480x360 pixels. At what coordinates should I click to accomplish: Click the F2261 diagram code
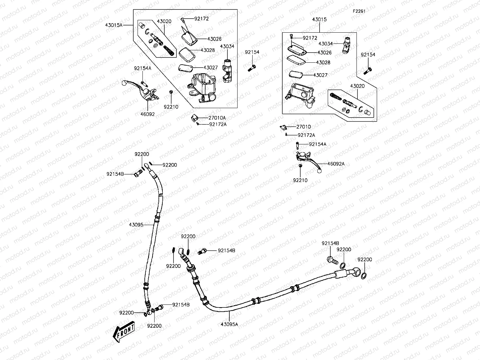click(358, 11)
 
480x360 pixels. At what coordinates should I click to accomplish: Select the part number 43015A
click(114, 25)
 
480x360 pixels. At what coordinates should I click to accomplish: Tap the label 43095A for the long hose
click(229, 324)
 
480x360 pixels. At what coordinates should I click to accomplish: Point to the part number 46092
click(148, 114)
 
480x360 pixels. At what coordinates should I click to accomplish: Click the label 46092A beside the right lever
click(336, 164)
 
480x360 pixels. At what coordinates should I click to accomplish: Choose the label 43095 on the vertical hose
click(136, 224)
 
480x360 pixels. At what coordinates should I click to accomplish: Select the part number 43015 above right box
click(319, 20)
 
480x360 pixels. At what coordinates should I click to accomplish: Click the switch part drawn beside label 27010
click(283, 127)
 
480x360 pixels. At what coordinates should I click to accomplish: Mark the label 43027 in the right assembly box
click(320, 75)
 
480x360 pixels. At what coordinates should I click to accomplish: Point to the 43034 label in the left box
click(227, 46)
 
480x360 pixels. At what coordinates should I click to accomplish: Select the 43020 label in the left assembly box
click(164, 21)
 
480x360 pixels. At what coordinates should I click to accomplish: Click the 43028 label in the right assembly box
click(323, 62)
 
